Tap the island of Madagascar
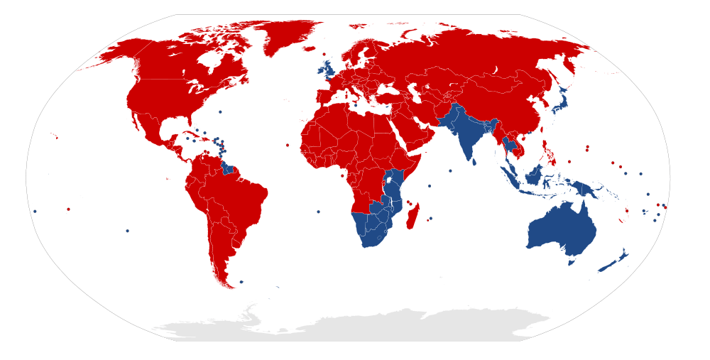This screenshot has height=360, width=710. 413,215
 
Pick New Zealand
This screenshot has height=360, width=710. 612,263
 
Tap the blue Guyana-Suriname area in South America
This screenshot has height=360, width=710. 228,168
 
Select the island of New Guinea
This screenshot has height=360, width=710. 586,188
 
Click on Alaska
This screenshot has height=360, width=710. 114,57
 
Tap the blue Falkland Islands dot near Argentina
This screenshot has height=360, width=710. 241,282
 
